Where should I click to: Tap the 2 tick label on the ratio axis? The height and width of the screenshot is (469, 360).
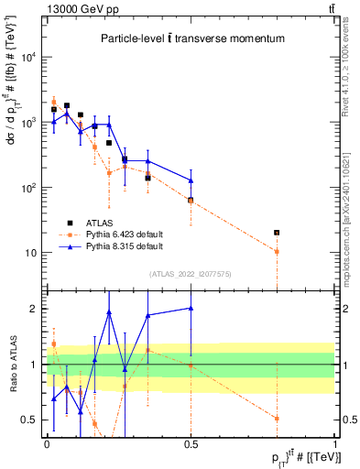(35, 309)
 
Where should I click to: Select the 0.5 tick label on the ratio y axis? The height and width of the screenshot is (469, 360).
(31, 420)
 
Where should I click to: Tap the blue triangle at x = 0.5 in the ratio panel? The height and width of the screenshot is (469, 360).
(191, 309)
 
